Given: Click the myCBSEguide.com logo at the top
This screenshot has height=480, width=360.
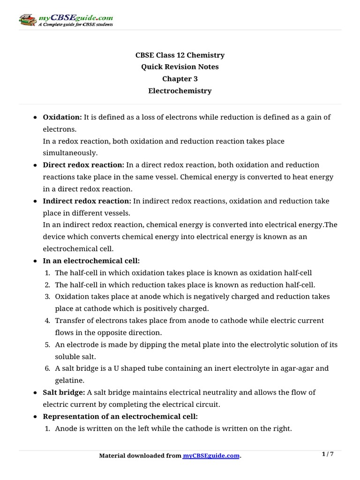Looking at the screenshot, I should point(66,20).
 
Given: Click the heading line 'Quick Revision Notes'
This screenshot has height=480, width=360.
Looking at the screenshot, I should point(180,67).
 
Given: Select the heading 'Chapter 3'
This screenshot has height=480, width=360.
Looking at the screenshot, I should point(180,79).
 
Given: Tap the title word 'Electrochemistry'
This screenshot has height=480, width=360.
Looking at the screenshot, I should point(180,91).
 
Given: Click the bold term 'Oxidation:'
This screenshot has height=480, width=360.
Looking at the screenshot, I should point(62,117).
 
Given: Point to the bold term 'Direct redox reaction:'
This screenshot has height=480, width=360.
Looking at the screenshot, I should point(83,165).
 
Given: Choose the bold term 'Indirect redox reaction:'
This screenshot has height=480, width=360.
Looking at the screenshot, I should point(87,201).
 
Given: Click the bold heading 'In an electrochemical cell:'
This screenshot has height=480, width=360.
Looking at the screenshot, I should point(91,261).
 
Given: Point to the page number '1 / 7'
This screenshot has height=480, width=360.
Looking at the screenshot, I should point(328,454).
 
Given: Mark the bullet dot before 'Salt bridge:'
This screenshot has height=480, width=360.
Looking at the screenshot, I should point(36,392).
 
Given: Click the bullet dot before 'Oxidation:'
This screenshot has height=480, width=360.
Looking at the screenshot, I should point(36,118).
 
